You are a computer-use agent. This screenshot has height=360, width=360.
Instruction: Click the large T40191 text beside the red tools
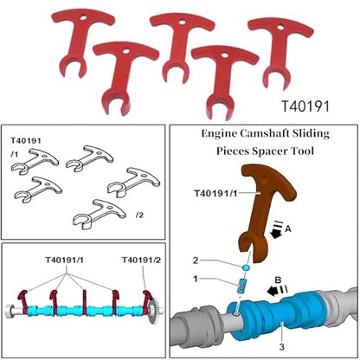tap(305, 106)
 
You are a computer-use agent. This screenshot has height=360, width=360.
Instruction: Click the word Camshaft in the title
tap(265, 133)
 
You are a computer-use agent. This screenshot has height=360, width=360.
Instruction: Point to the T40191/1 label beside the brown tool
tap(215, 193)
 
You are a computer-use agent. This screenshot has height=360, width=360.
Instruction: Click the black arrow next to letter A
tap(277, 234)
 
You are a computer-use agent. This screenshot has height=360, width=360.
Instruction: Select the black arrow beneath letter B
tap(272, 292)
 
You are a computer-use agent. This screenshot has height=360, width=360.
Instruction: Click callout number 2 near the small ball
tap(196, 260)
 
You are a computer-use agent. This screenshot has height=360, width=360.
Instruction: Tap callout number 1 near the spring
tap(196, 279)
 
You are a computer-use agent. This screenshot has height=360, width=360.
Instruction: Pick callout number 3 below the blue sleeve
tap(281, 346)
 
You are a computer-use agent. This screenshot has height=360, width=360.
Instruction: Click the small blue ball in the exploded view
tap(246, 267)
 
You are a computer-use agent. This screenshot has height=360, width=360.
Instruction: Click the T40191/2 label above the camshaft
tap(141, 260)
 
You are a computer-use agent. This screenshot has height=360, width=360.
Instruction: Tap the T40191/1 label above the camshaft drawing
tap(64, 260)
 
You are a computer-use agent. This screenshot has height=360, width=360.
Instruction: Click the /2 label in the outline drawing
tap(139, 215)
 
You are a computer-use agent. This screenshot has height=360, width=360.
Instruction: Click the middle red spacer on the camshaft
tap(85, 302)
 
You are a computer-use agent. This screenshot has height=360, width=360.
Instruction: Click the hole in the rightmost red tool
tap(280, 28)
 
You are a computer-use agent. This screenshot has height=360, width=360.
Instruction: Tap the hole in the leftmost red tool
tap(83, 18)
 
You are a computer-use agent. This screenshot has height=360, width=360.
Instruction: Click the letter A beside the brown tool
tap(287, 229)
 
